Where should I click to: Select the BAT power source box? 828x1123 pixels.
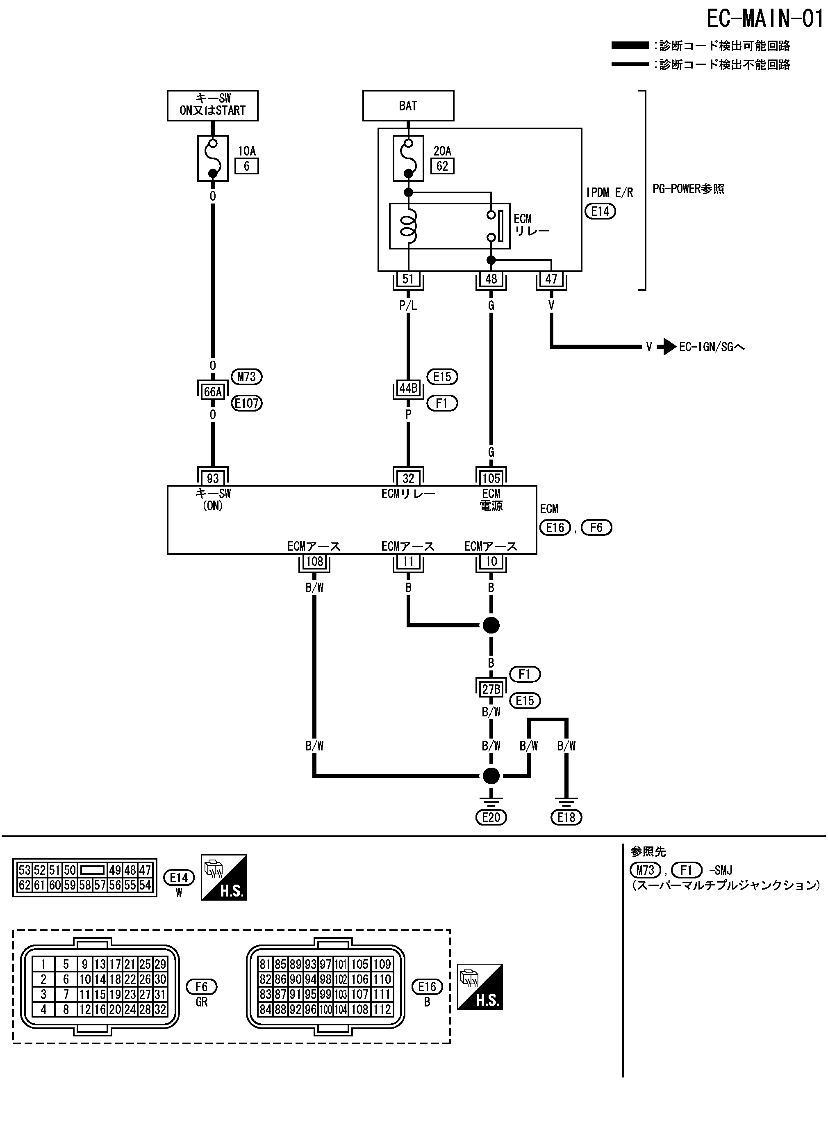(408, 106)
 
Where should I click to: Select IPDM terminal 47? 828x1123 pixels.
(551, 279)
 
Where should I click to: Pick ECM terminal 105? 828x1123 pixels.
(491, 478)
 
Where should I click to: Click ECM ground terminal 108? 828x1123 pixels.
(314, 561)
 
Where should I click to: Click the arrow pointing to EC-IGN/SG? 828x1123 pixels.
(666, 347)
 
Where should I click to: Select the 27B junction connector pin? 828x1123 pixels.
(491, 689)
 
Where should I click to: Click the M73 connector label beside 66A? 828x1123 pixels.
(247, 377)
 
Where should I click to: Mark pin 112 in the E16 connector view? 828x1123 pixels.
(382, 1009)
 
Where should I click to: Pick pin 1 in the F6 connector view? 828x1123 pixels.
(43, 964)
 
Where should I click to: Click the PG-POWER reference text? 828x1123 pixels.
(688, 189)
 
